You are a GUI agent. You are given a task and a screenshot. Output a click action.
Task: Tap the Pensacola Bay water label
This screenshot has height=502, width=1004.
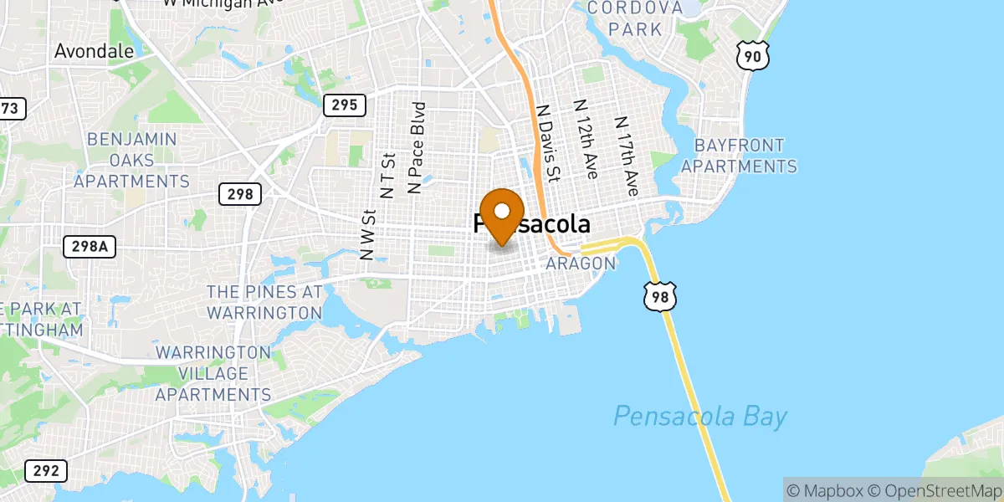[x=700, y=416]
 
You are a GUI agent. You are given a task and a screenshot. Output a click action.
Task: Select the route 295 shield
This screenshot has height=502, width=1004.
[x=344, y=105]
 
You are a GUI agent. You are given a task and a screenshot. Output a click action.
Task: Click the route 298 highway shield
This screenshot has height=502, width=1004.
[x=241, y=195]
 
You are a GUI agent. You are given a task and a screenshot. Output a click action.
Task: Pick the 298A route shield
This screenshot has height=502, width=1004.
[x=90, y=247]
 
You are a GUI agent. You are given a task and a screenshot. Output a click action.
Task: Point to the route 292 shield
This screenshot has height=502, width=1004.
[x=46, y=471]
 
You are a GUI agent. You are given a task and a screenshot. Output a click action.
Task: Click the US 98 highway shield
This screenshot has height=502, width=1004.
[x=659, y=296]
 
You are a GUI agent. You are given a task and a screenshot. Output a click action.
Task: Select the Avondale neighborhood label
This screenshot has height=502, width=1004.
[x=94, y=51]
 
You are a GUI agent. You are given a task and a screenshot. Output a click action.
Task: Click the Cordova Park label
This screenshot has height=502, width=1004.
[x=636, y=18]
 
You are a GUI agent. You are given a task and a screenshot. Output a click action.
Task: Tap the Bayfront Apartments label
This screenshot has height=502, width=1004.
[x=739, y=156]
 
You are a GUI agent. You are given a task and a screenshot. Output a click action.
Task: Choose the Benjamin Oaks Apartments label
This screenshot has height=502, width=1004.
[x=131, y=160]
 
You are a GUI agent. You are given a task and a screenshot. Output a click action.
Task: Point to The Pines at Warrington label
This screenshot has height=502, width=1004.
[x=264, y=302]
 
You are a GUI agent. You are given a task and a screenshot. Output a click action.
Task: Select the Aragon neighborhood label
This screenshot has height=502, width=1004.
[x=581, y=264]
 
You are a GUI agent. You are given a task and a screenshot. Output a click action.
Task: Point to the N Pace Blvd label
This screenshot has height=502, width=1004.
[x=416, y=148]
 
